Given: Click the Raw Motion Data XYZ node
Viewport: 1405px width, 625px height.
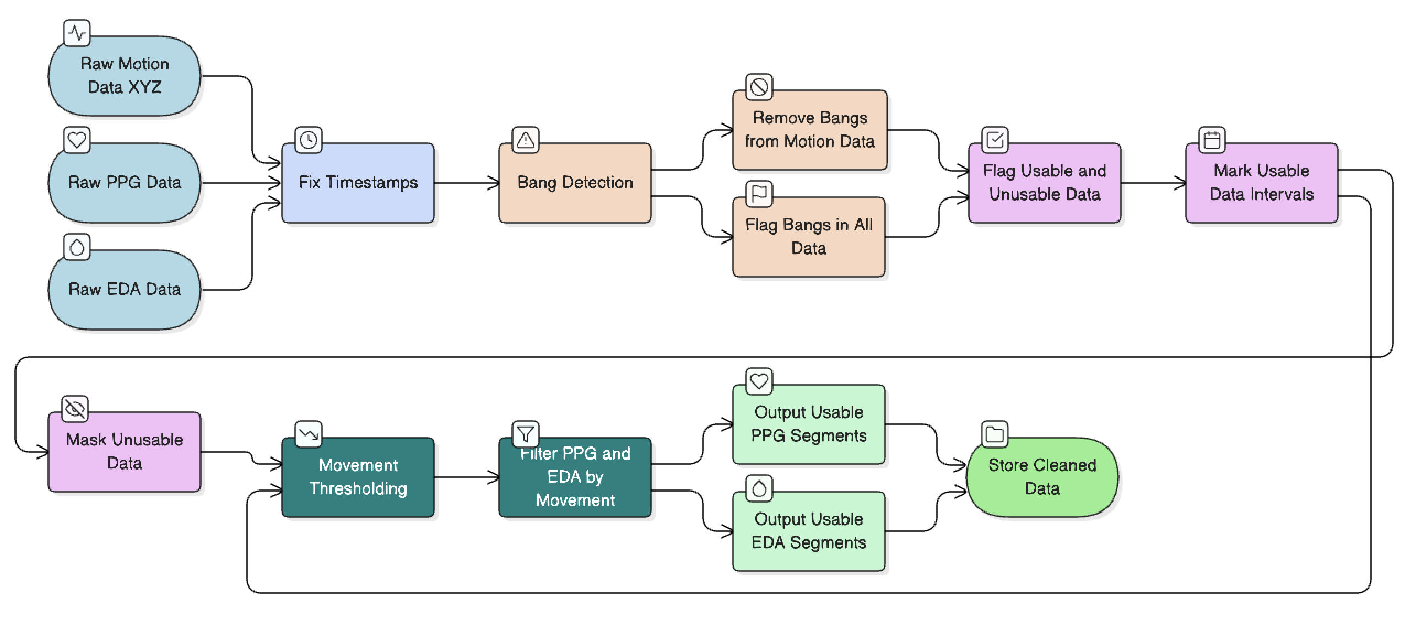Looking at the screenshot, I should tap(125, 76).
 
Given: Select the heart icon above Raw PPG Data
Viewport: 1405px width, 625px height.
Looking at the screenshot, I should tap(77, 141).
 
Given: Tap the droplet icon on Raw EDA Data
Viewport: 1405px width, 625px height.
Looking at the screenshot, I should tap(77, 247).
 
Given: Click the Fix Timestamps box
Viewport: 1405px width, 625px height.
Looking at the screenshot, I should tap(358, 183).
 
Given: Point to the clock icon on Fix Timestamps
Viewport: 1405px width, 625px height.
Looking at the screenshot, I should tap(309, 140).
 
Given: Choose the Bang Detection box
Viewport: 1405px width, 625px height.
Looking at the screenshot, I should tap(575, 183).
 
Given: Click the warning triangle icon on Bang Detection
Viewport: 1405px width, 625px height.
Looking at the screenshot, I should tap(526, 140).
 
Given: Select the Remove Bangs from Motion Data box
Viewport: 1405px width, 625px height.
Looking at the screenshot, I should tap(809, 130).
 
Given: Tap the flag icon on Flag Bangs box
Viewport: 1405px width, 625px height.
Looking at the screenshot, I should tap(759, 193).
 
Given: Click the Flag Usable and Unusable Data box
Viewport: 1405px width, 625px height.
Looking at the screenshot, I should tap(1044, 183).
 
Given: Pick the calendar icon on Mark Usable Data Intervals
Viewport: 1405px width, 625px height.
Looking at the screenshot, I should tap(1212, 140).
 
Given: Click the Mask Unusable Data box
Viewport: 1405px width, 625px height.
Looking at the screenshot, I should tap(125, 451).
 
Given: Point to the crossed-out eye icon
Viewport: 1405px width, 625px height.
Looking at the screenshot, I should tap(75, 409).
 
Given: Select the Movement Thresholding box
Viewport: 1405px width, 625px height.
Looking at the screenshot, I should tap(358, 477).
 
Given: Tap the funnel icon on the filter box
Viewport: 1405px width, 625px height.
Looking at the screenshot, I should tap(526, 434).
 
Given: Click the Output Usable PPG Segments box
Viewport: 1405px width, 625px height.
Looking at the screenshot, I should tap(808, 424).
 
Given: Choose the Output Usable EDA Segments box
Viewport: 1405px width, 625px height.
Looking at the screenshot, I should tap(808, 531).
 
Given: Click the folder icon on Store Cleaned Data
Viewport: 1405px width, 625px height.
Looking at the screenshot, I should tap(995, 434).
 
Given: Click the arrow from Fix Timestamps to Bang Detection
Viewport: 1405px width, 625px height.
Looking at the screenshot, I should tap(466, 183).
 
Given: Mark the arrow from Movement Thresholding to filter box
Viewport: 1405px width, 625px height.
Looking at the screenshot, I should tap(466, 477).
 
